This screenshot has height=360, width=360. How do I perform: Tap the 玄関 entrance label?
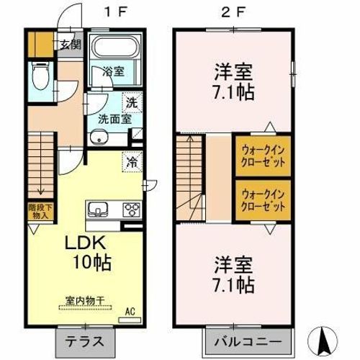(x=70, y=45)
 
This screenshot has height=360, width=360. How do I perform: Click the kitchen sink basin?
(x=98, y=210)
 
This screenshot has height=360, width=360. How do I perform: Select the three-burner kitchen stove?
(x=132, y=210)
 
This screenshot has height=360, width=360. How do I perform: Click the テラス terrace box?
(x=77, y=338)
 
